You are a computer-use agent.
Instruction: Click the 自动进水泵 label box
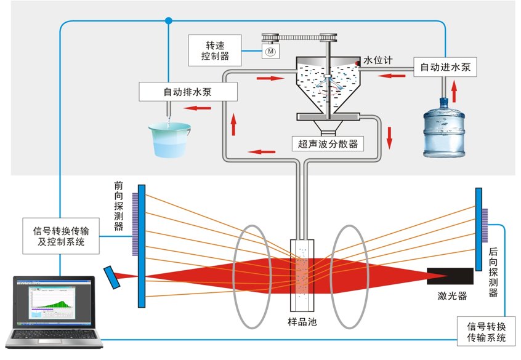click(x=445, y=67)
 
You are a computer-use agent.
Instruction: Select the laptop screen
click(x=54, y=302)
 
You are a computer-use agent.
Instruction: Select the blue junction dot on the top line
click(x=169, y=21)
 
